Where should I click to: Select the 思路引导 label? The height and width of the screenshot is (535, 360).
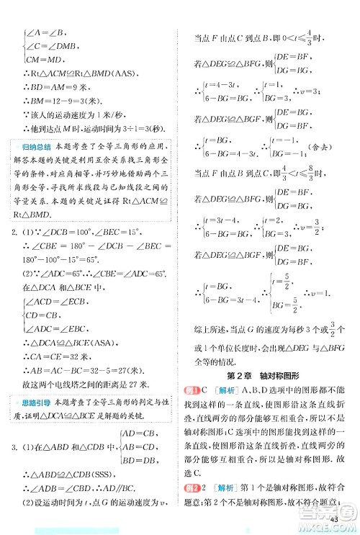36,397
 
